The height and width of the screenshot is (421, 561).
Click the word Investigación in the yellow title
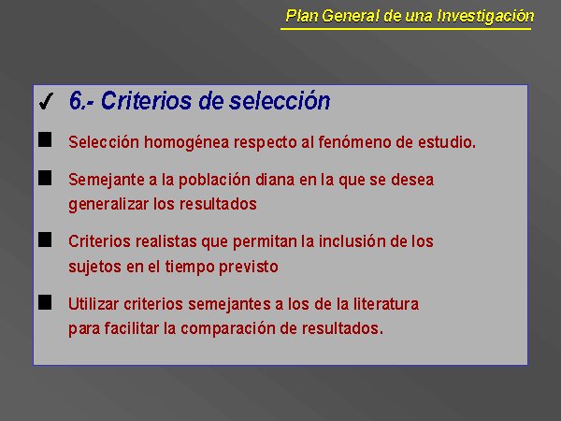(x=485, y=17)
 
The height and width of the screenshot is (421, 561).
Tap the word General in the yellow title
(x=351, y=16)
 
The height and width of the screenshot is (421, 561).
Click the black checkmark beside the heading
(x=46, y=101)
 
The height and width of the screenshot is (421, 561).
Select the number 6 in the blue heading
(x=76, y=100)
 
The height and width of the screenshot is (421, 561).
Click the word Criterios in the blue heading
(x=146, y=100)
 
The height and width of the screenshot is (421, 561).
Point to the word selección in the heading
(x=280, y=101)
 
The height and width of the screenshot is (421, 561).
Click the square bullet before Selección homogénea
(x=45, y=139)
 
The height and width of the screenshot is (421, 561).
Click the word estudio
(x=447, y=142)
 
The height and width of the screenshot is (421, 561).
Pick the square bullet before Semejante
(x=45, y=178)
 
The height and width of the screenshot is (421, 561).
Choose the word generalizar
(x=108, y=205)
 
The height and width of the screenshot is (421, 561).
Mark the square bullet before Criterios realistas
(x=45, y=240)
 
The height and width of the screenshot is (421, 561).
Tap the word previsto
(x=249, y=268)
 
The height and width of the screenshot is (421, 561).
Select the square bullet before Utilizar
(x=45, y=302)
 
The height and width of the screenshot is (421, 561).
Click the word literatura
(x=386, y=304)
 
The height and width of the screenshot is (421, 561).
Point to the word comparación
(x=227, y=328)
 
